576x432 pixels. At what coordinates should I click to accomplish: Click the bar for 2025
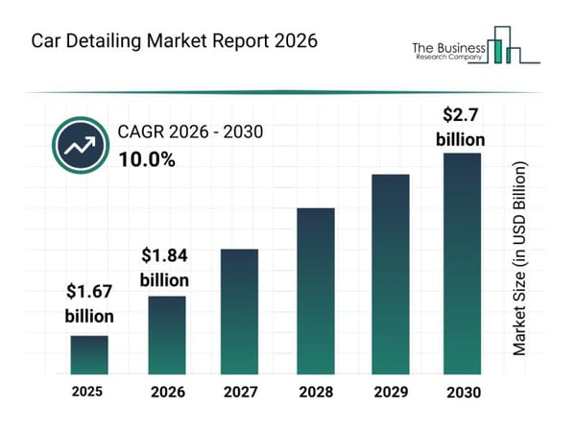[89, 354]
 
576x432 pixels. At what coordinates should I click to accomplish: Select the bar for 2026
[166, 334]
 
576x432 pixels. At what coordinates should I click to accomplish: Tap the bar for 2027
[240, 311]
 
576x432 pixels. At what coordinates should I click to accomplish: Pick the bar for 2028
[315, 290]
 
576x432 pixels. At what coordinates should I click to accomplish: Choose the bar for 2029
[391, 274]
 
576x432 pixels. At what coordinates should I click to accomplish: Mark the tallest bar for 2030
[461, 263]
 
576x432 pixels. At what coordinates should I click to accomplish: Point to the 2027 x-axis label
[240, 392]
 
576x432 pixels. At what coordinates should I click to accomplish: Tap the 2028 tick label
[315, 392]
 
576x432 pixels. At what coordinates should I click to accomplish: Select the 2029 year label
[391, 392]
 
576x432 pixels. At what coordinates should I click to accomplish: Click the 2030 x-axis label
[462, 392]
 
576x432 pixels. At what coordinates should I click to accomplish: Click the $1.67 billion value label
[89, 303]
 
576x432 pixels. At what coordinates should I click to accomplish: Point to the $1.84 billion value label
[166, 268]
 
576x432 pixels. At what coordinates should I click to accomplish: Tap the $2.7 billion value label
[460, 127]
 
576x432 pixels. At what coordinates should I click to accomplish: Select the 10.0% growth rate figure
[146, 159]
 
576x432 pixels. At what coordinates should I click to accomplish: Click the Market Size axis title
[520, 259]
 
